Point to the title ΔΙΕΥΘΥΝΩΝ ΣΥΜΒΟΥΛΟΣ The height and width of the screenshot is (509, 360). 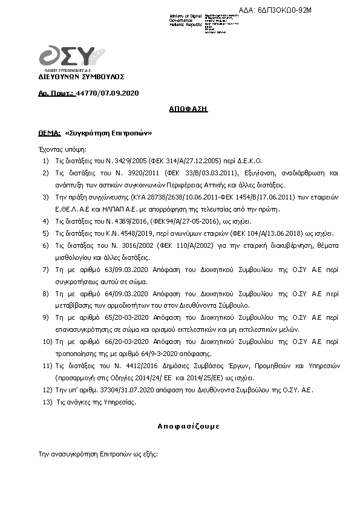coord(81,77)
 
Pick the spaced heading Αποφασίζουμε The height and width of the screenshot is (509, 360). coord(180,426)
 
